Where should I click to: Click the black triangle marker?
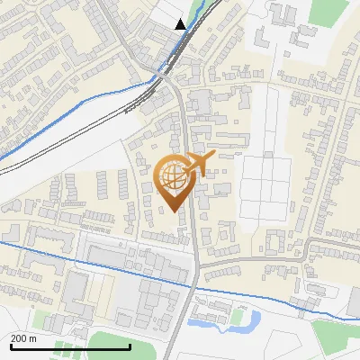(x=181, y=24)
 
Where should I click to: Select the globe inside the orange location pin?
(x=172, y=175)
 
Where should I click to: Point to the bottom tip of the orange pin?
(x=175, y=212)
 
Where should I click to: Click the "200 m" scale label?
(x=23, y=338)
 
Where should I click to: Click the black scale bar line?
(x=69, y=346)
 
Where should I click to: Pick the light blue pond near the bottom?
(x=248, y=319)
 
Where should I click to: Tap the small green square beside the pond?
(x=236, y=317)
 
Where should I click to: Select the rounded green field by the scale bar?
(x=112, y=342)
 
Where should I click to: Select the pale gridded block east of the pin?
(x=265, y=189)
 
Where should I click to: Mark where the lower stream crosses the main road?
(x=195, y=286)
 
